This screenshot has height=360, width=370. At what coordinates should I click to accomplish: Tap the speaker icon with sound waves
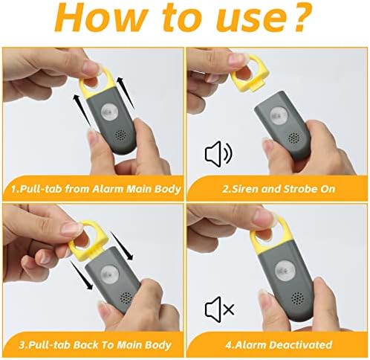click(218, 154)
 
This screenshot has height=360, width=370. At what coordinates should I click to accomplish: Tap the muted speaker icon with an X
click(219, 309)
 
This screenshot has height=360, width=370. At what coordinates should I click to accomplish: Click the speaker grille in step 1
click(120, 136)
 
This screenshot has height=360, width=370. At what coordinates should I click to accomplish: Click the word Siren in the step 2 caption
click(242, 189)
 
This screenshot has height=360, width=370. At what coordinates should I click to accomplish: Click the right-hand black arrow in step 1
click(126, 92)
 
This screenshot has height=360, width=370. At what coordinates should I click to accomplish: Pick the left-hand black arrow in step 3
click(82, 275)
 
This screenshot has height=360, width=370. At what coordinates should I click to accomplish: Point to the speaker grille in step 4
click(297, 298)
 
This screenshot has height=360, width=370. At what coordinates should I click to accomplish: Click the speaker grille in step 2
click(294, 138)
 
